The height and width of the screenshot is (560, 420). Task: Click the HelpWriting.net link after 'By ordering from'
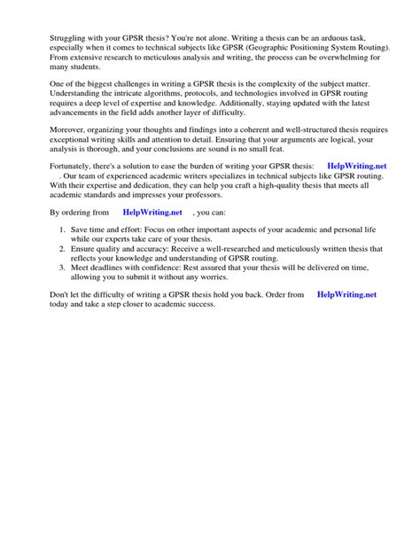click(152, 213)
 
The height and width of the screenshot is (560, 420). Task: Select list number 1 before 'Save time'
click(61, 230)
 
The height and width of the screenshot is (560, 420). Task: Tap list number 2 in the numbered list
click(61, 248)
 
